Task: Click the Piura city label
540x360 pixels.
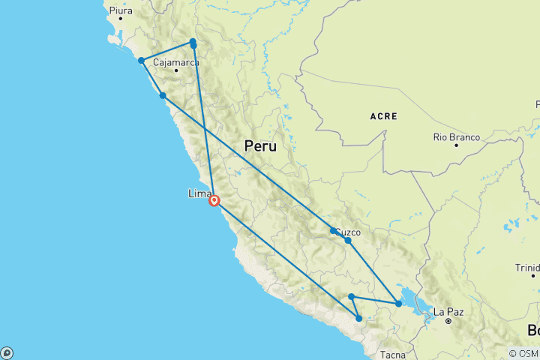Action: click(120, 11)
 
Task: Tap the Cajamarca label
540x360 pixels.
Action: click(176, 63)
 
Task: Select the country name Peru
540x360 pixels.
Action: click(259, 146)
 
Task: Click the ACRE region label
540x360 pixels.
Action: click(383, 116)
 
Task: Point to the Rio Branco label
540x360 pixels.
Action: click(455, 136)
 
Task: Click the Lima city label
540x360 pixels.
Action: click(199, 193)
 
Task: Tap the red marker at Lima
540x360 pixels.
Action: click(214, 200)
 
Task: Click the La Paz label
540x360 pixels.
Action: click(448, 311)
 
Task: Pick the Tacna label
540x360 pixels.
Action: click(393, 354)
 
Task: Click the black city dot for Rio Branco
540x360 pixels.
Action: click(455, 145)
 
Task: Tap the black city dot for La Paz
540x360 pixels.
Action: click(448, 320)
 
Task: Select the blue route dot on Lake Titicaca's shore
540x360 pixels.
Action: click(398, 304)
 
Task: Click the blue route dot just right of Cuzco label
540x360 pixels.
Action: click(348, 241)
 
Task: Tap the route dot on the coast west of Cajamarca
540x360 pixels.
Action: click(141, 61)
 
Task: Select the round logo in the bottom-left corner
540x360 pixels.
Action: click(7, 352)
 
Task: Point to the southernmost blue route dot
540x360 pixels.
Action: click(358, 319)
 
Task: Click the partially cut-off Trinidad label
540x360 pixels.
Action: click(527, 267)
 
